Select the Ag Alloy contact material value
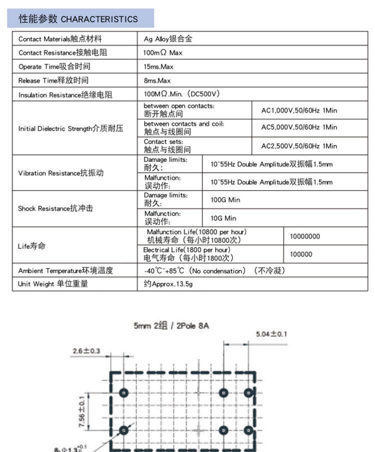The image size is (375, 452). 167,38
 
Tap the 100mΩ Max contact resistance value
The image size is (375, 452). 162,52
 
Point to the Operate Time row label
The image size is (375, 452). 54,66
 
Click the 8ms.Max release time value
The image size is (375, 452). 157,80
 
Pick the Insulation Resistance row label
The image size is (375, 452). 65,94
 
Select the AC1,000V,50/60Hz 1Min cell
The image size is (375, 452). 299,110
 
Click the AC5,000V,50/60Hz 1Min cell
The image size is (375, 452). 299,127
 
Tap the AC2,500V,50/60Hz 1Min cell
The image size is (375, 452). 299,146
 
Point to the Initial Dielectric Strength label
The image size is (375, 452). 70,128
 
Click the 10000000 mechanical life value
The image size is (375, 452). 304,236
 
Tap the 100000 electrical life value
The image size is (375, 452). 301,254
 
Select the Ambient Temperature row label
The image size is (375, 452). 65,270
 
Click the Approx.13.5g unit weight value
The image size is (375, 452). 168,284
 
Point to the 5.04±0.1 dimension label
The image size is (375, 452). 271,334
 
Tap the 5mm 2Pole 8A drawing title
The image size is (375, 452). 171,325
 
